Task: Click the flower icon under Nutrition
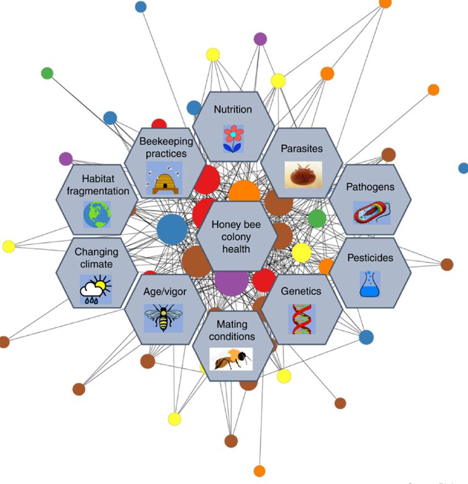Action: tap(233, 138)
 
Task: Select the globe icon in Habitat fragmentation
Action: tap(96, 215)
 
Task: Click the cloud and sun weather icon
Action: tap(96, 289)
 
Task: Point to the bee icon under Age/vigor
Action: tap(164, 318)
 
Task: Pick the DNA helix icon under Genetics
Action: tap(301, 319)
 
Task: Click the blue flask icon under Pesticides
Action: tap(369, 285)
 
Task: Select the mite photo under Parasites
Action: tap(303, 174)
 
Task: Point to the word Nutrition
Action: tap(233, 110)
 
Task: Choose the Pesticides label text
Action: tap(370, 258)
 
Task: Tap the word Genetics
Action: tap(301, 290)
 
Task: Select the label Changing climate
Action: tap(96, 258)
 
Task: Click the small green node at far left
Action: tap(47, 73)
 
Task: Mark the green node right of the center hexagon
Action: tap(317, 218)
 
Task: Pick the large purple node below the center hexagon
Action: tap(232, 282)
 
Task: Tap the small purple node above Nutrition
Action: tap(261, 39)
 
